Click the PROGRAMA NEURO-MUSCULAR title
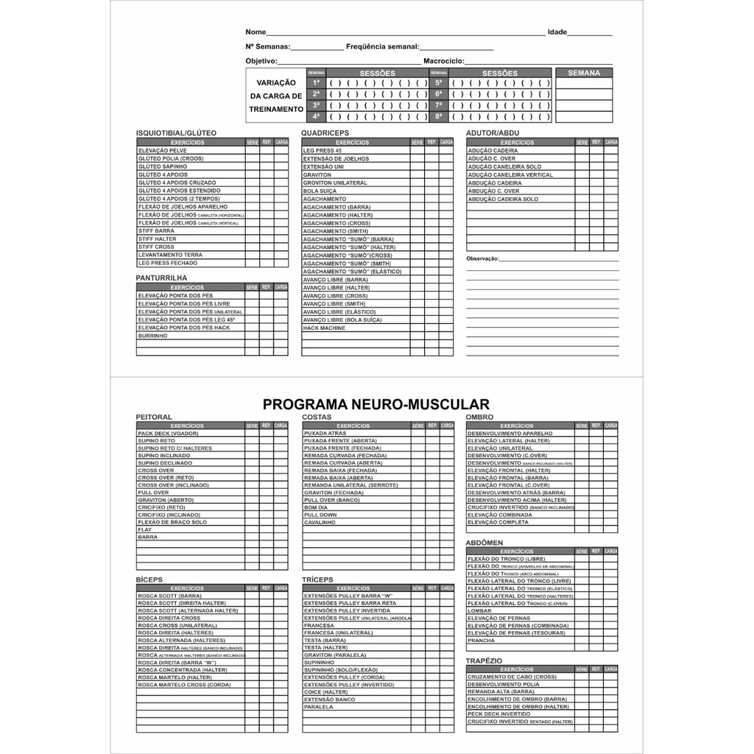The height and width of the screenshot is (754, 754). click(376, 404)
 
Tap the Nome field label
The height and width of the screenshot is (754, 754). click(256, 32)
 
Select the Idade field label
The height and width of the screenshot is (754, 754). click(557, 32)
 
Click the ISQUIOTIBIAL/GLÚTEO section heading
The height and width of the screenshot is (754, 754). click(176, 133)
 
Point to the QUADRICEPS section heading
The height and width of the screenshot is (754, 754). click(325, 133)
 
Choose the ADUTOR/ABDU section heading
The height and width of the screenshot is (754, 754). click(492, 133)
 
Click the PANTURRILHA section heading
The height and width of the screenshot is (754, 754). click(161, 278)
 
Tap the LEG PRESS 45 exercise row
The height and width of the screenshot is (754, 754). click(323, 150)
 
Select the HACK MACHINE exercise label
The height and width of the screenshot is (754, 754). click(324, 328)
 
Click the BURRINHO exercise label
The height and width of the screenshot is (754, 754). click(152, 336)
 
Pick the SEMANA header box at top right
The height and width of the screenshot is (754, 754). click(584, 73)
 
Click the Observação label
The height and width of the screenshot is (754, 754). click(482, 259)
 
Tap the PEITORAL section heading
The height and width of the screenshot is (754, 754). click(154, 417)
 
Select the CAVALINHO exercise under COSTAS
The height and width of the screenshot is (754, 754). click(320, 522)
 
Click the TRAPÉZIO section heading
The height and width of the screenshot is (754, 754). click(484, 660)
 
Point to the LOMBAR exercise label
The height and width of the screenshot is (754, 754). click(479, 610)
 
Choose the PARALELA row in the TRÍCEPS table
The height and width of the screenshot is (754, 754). click(319, 707)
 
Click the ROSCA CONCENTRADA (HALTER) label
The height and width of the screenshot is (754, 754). click(183, 670)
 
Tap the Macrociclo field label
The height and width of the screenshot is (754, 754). click(443, 60)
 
